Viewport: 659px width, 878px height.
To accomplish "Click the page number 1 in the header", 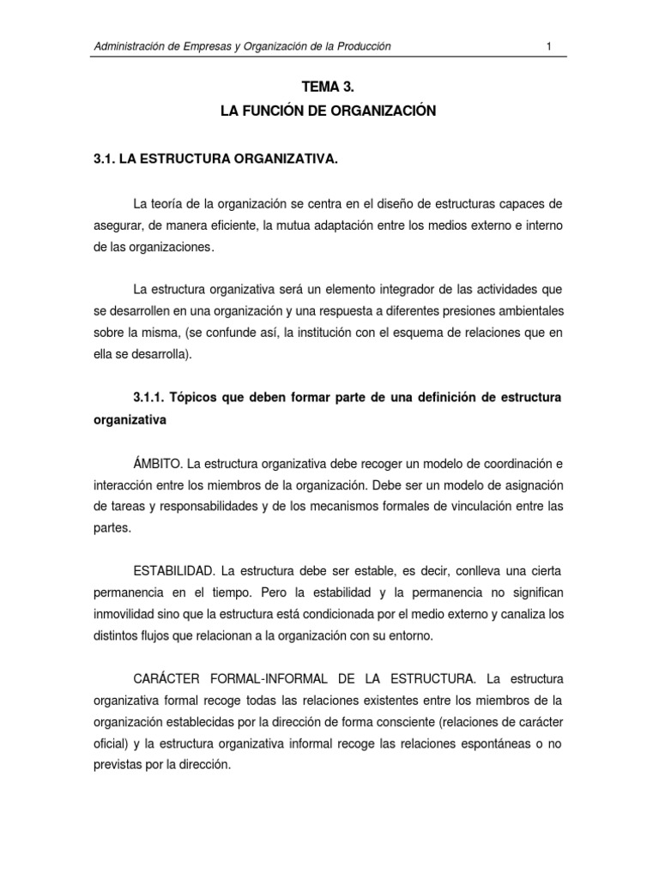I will [547, 46].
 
